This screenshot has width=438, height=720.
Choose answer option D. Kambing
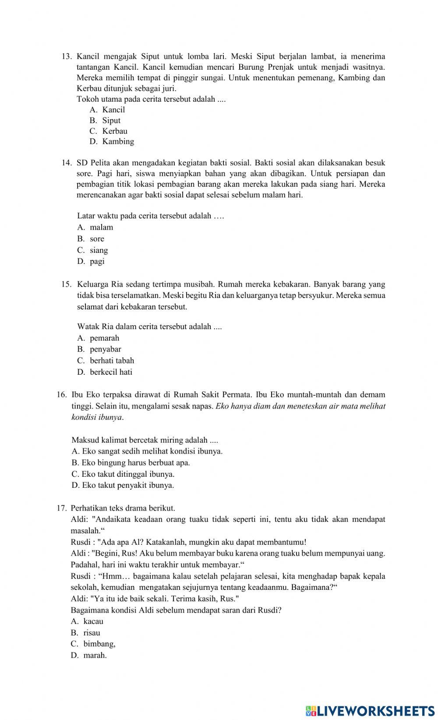point(112,142)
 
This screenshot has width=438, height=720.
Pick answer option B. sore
point(91,239)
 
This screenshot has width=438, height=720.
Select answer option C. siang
point(93,250)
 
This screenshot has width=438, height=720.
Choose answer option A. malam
point(95,227)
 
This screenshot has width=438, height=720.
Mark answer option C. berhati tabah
point(106,361)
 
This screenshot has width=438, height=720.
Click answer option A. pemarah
point(99,338)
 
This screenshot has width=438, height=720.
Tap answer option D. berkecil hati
point(105,372)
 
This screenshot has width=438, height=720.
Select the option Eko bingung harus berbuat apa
point(131,463)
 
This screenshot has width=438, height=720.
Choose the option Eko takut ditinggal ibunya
point(123,474)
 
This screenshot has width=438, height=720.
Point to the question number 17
point(61,508)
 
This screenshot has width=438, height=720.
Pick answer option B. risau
point(86,633)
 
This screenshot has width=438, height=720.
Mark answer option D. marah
point(89,656)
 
